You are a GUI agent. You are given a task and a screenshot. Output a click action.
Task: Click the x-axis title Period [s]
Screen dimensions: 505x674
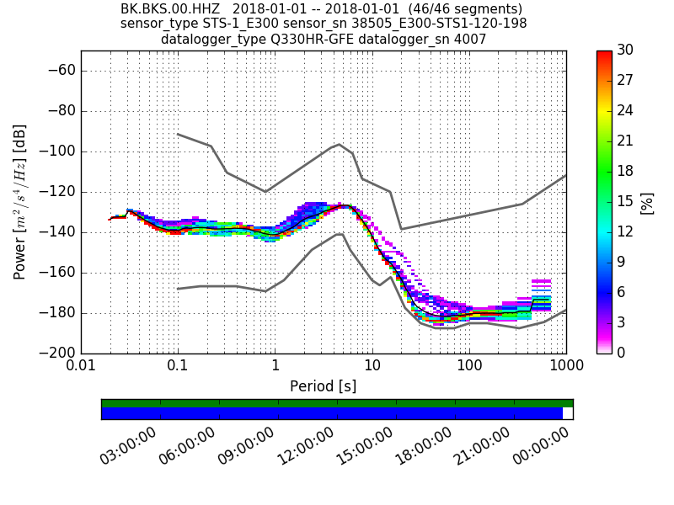323,386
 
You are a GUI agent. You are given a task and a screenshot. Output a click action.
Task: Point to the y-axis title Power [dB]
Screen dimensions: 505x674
20,202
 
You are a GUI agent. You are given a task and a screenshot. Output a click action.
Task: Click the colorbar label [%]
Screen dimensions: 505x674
646,202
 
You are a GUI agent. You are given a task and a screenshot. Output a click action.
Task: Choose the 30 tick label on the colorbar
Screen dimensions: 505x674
626,50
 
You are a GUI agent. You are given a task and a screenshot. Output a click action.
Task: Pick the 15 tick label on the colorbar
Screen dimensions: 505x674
626,202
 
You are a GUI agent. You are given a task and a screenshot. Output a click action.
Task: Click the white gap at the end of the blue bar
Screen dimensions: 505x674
568,413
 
